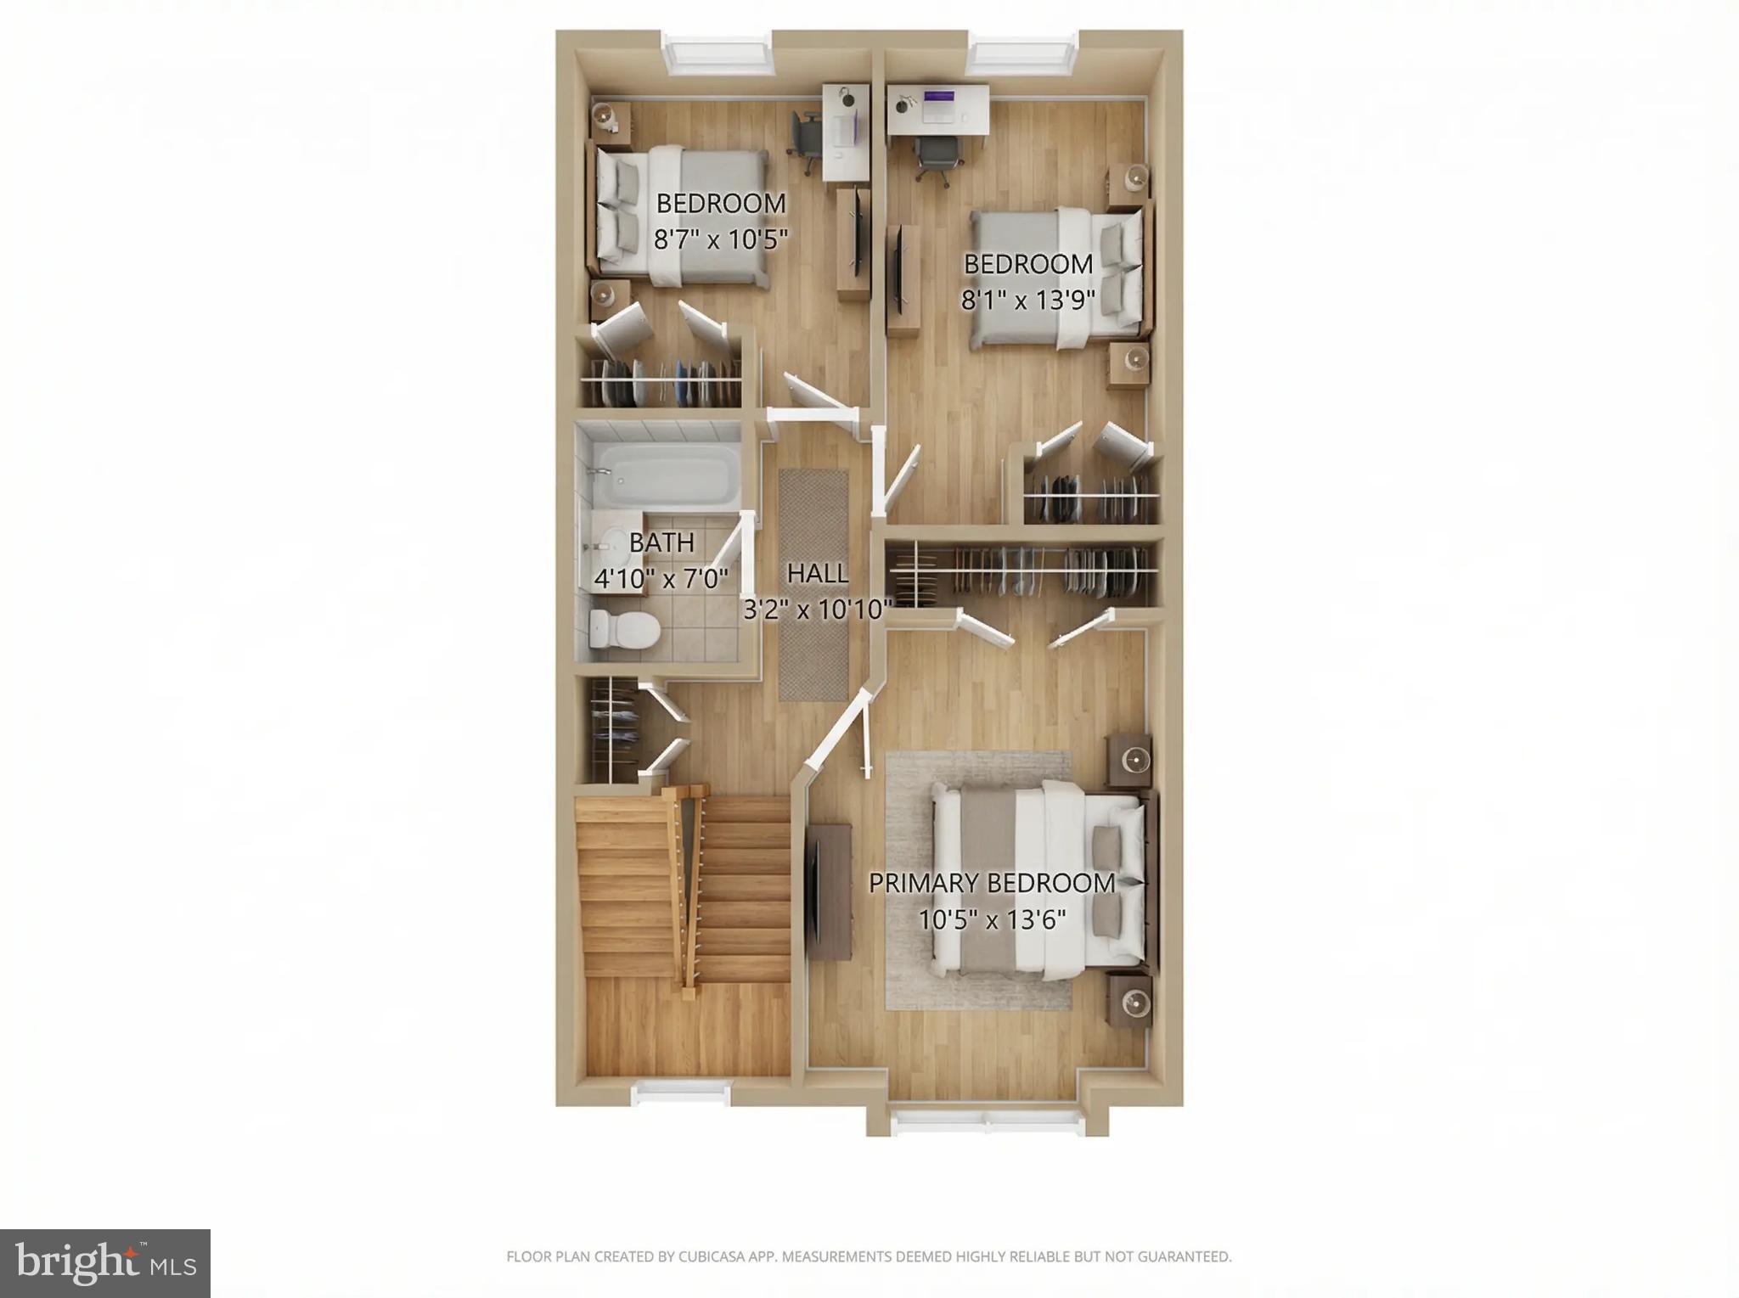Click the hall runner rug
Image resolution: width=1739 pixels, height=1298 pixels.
click(x=813, y=585)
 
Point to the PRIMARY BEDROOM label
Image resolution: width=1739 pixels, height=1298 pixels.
click(x=991, y=883)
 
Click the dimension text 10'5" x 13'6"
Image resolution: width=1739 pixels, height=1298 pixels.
click(x=992, y=919)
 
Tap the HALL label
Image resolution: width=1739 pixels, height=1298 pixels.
click(x=817, y=574)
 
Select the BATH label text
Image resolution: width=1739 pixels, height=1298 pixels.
click(x=661, y=542)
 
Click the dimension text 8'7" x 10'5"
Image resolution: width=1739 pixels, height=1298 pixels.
click(x=720, y=239)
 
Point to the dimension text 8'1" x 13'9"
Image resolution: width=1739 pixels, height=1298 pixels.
click(x=1027, y=301)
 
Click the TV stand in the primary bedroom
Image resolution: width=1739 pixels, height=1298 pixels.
click(x=829, y=891)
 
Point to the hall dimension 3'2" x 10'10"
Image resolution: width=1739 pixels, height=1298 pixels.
click(x=817, y=610)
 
